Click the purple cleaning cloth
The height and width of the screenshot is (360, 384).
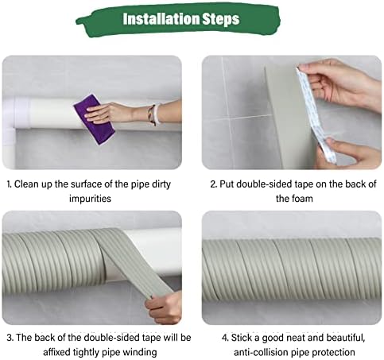(93, 118)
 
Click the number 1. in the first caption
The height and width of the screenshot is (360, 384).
(10, 183)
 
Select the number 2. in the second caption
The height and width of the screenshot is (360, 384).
(214, 183)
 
